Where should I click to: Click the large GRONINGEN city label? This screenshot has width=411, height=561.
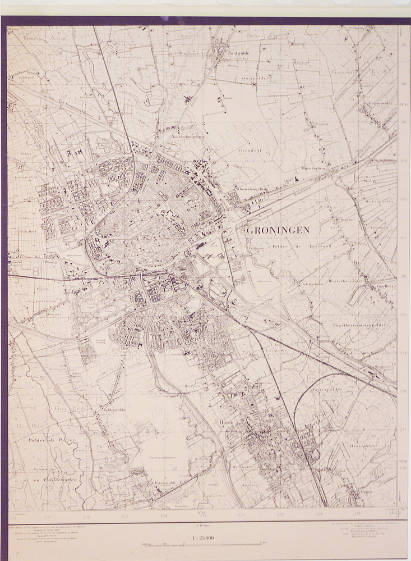pos(278,231)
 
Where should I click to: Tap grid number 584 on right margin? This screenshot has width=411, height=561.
pos(403,161)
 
